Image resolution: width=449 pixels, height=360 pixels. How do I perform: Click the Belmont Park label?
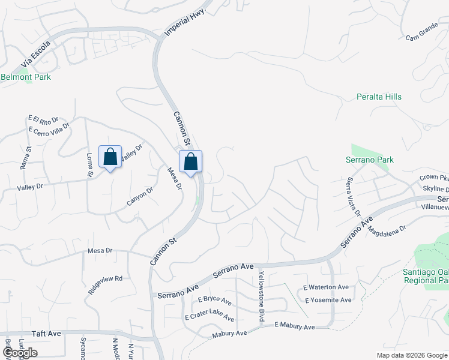[26, 77]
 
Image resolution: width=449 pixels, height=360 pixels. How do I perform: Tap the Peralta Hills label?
[379, 97]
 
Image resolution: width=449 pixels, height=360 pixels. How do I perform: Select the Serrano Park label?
[370, 160]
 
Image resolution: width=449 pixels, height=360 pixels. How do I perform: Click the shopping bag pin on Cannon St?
[190, 161]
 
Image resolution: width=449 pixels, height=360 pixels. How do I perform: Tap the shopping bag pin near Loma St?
[110, 157]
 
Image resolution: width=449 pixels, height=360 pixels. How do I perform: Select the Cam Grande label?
[422, 35]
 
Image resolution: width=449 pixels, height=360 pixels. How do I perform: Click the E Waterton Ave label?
[326, 288]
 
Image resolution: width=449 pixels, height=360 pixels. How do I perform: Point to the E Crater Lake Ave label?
[209, 314]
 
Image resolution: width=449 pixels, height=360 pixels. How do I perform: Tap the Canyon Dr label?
[140, 196]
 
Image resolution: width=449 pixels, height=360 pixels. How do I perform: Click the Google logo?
[19, 353]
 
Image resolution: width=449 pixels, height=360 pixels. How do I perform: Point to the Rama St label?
[25, 157]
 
